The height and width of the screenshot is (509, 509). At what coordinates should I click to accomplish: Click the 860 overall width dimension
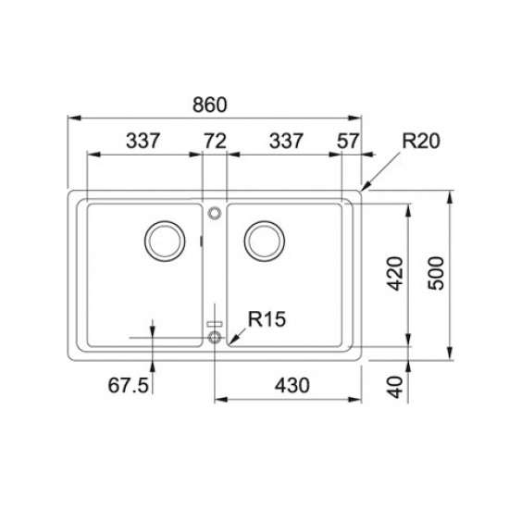[x=210, y=105]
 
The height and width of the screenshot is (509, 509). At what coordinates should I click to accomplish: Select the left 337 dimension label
[x=143, y=141]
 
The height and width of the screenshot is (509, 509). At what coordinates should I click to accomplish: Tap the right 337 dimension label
[x=286, y=141]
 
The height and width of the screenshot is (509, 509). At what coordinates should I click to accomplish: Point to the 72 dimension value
[x=215, y=141]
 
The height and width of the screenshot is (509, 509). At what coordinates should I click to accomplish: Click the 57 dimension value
[x=348, y=141]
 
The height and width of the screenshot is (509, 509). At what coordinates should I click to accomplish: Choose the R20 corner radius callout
[x=421, y=141]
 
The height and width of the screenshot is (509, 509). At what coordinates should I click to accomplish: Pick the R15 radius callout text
[x=267, y=318]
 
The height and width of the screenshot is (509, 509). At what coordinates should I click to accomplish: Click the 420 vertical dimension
[x=395, y=273]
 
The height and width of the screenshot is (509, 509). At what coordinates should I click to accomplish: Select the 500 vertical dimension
[x=436, y=273]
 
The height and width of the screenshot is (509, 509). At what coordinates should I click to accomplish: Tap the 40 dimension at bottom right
[x=395, y=387]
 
